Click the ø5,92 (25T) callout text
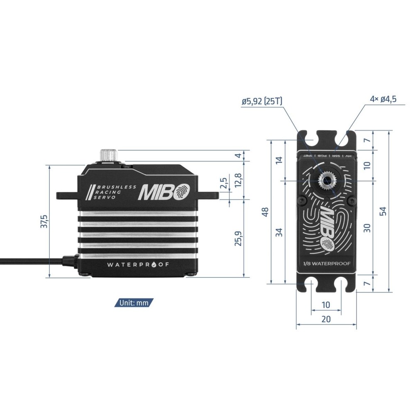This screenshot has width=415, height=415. tap(263, 101)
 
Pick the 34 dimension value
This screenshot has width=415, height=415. tap(280, 232)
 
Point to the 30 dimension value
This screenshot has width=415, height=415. tap(366, 227)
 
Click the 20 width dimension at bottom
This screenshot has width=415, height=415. tap(326, 319)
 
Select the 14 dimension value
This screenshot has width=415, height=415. tap(279, 160)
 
